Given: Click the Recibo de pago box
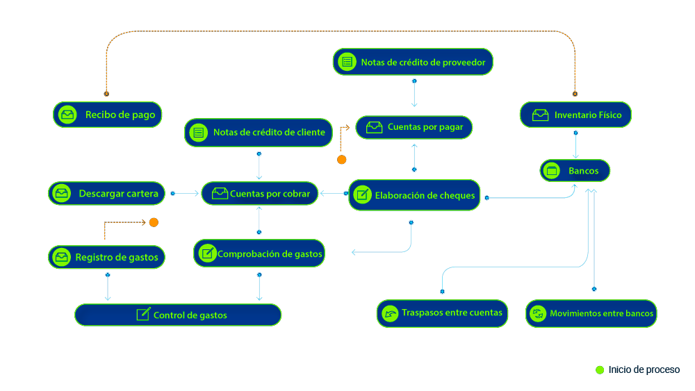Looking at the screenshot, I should pyautogui.click(x=107, y=115).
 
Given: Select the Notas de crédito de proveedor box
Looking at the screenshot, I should pyautogui.click(x=413, y=62).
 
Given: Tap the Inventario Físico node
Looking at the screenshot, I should pyautogui.click(x=575, y=115).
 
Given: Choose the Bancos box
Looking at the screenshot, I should pyautogui.click(x=575, y=171).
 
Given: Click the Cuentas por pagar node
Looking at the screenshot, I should pyautogui.click(x=414, y=127).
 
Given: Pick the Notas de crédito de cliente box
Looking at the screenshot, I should pyautogui.click(x=259, y=133).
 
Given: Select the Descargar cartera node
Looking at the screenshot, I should pyautogui.click(x=107, y=194).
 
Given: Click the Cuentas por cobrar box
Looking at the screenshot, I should pyautogui.click(x=259, y=194).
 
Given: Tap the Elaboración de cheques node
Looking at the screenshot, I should pyautogui.click(x=414, y=195).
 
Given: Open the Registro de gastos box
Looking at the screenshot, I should pyautogui.click(x=106, y=257).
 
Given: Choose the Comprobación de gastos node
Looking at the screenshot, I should pyautogui.click(x=259, y=253).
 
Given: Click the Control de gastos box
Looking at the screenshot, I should pyautogui.click(x=178, y=315).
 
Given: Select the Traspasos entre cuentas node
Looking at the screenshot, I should pyautogui.click(x=442, y=313).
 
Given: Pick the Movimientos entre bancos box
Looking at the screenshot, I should pyautogui.click(x=591, y=313).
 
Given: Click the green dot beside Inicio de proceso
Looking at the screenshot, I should pyautogui.click(x=600, y=370).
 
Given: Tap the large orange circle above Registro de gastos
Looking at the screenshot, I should pyautogui.click(x=154, y=222).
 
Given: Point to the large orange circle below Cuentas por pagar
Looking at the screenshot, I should pyautogui.click(x=341, y=160).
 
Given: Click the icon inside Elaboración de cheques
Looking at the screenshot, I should pyautogui.click(x=361, y=195).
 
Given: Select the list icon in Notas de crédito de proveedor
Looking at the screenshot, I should pyautogui.click(x=346, y=62).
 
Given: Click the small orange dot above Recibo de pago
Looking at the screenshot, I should pyautogui.click(x=106, y=93).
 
